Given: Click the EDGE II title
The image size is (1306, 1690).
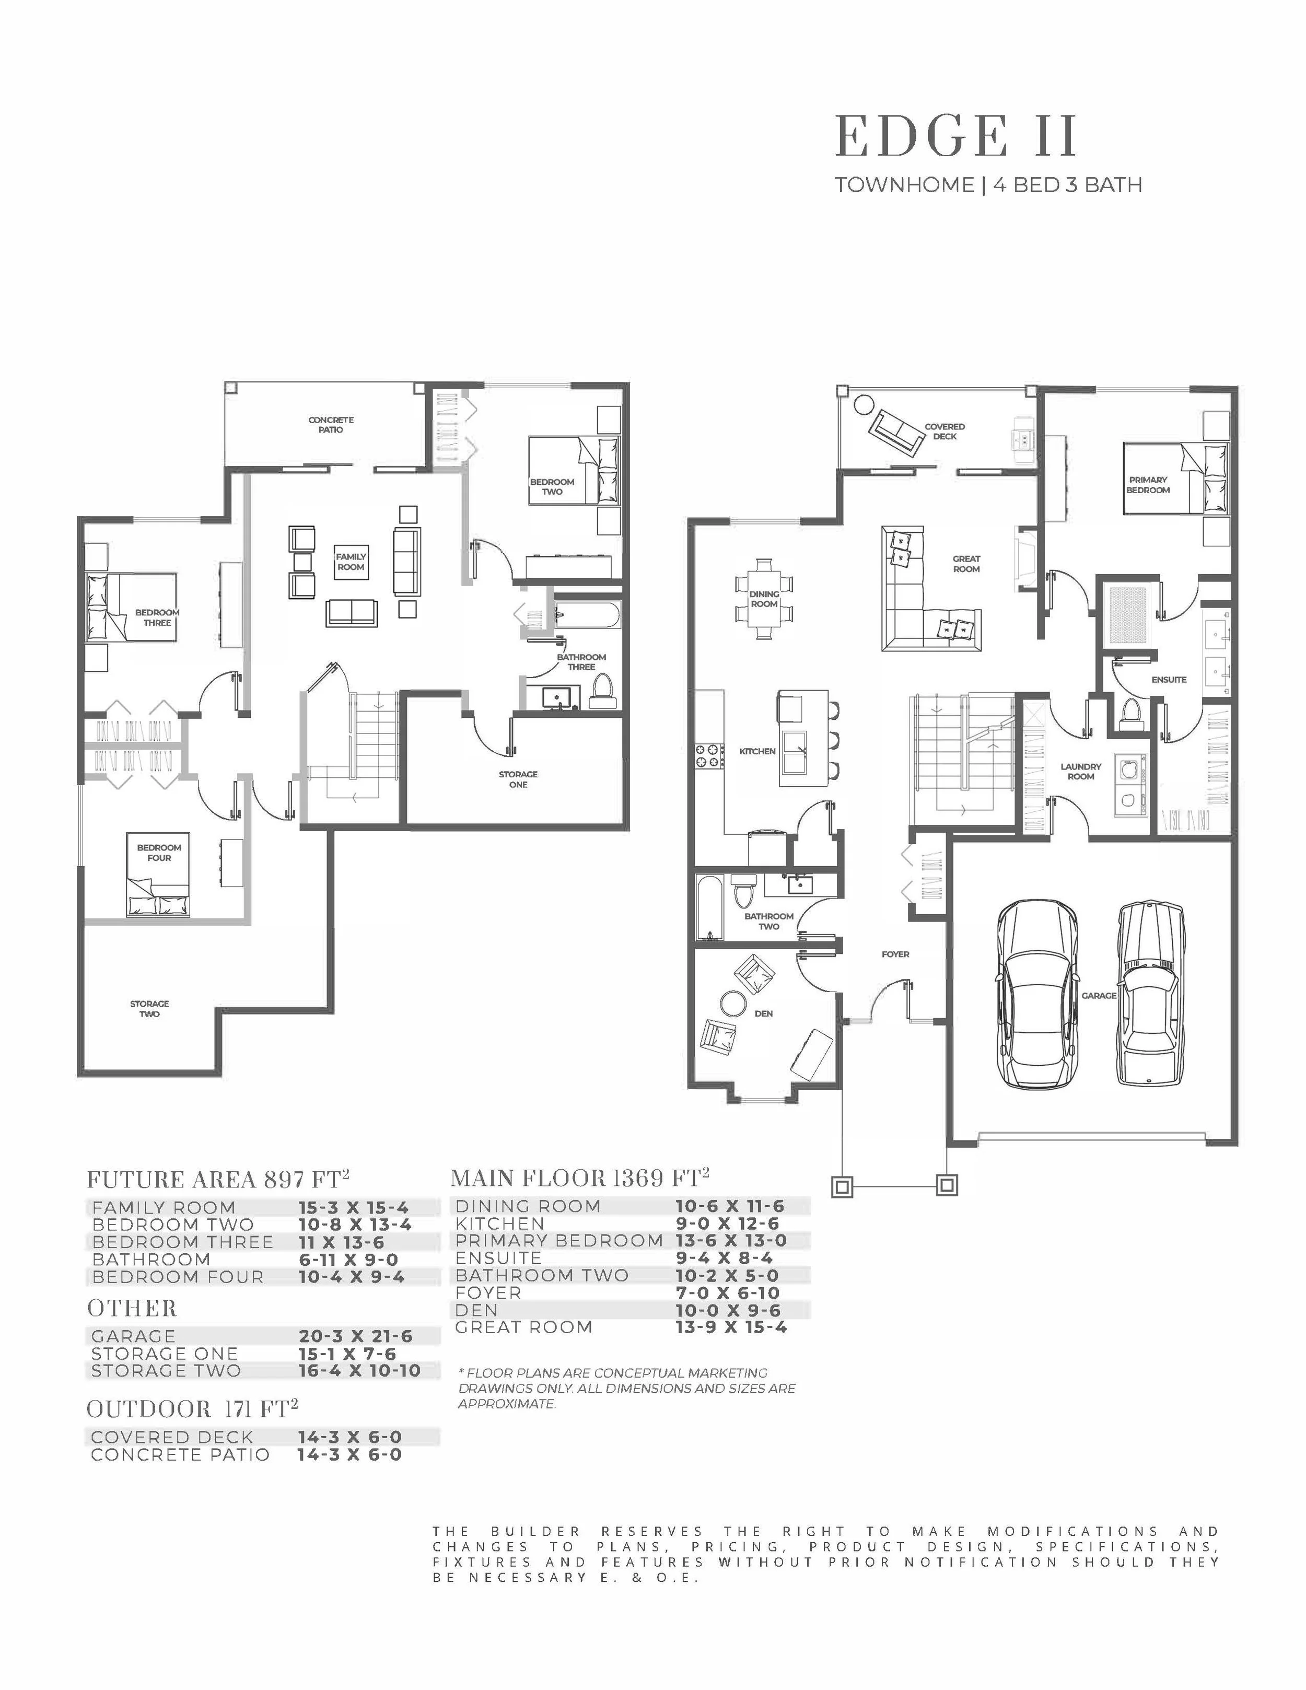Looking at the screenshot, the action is point(957,136).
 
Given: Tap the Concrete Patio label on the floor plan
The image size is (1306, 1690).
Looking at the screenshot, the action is point(331,425).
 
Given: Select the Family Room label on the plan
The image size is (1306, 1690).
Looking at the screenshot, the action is point(351,562).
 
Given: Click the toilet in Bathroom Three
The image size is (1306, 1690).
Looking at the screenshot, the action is point(601,691).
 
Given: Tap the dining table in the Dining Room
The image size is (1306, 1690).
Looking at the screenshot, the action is point(764,599).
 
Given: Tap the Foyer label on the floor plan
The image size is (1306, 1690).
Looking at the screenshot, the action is point(895,954).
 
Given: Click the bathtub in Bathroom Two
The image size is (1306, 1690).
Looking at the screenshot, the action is point(708,907).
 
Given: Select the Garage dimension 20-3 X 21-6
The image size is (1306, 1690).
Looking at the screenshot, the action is point(356,1336).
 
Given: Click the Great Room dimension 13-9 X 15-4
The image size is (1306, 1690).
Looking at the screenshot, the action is point(731,1327).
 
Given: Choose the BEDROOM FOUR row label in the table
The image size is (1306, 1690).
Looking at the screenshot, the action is point(178,1277).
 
